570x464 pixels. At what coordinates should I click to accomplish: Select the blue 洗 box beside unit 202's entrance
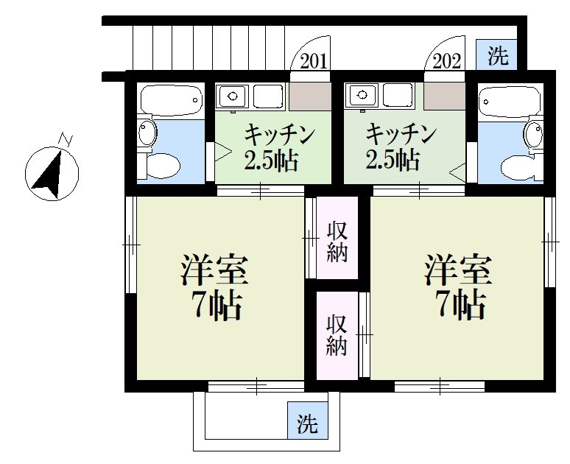[499, 55]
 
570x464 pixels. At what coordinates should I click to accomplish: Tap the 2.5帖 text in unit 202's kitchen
[393, 158]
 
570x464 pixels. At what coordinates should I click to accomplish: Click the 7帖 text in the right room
[458, 303]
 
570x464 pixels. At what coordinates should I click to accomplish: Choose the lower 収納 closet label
[337, 335]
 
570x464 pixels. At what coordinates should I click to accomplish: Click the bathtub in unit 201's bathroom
[171, 99]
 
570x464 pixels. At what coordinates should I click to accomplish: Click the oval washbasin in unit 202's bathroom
[531, 133]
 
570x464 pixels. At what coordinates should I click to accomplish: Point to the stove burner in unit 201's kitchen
[233, 96]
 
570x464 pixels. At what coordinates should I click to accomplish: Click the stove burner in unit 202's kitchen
[361, 95]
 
